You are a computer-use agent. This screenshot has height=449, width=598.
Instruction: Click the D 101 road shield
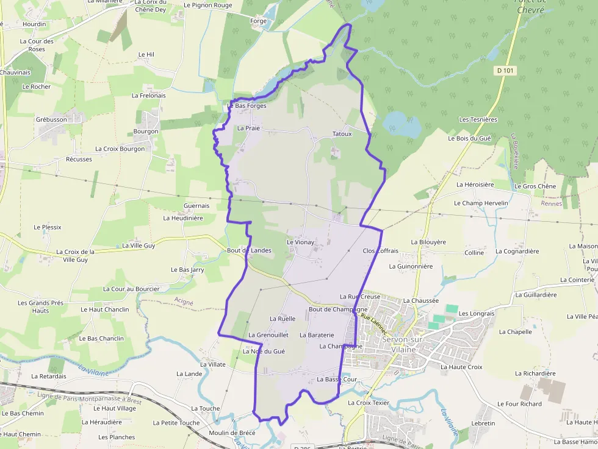[x=505, y=71]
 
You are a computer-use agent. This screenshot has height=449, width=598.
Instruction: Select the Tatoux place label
[x=342, y=134]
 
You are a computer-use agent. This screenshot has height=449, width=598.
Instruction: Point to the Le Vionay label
[x=300, y=242]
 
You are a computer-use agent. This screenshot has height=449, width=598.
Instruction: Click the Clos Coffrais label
[x=380, y=251]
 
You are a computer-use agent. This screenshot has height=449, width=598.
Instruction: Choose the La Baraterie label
[x=317, y=335]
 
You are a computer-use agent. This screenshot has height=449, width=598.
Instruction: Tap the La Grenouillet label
[x=268, y=335]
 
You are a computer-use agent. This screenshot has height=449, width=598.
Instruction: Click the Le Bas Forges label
[x=247, y=106]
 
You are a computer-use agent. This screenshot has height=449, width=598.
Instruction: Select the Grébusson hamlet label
[x=51, y=120]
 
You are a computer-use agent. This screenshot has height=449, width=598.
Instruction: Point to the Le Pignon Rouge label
[x=208, y=5]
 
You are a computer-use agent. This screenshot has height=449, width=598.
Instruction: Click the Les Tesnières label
[x=478, y=120]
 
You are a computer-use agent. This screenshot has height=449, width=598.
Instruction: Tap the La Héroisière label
[x=475, y=185]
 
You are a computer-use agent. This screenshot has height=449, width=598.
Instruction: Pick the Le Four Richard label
[x=519, y=404]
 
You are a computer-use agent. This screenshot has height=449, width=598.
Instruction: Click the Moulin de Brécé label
[x=232, y=433]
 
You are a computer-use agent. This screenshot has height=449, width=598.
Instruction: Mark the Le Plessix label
[x=48, y=227]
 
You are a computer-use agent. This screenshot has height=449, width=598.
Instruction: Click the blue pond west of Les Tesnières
[x=402, y=124]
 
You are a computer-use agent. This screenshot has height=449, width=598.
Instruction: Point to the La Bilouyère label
[x=428, y=242]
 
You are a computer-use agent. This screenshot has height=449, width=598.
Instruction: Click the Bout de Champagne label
[x=338, y=309]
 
